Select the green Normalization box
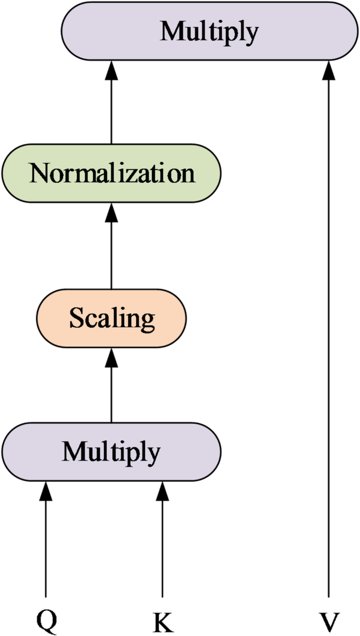(111, 173)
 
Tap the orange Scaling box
(111, 318)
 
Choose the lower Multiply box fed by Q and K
(111, 451)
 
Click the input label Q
(46, 622)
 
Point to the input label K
(162, 623)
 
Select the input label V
(329, 623)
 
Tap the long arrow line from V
(329, 341)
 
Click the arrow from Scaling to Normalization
(111, 252)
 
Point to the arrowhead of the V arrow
(329, 69)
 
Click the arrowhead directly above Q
(46, 491)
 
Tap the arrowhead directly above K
(162, 491)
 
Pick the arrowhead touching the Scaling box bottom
(111, 357)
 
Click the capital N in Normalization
(40, 173)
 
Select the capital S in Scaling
(76, 318)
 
